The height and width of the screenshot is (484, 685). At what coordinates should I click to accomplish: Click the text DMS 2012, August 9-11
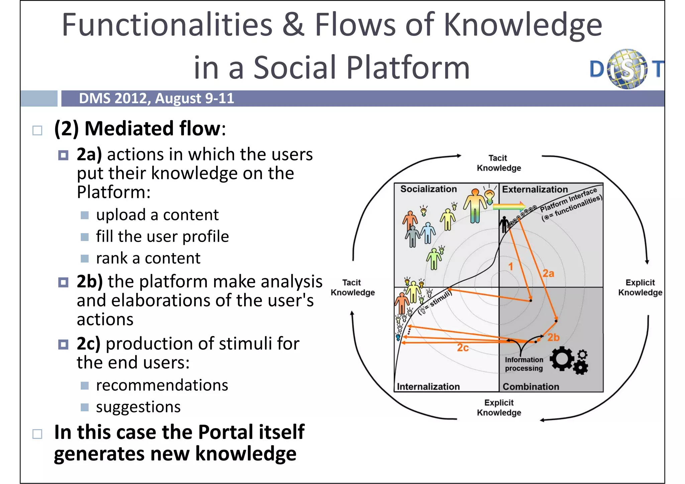click(156, 99)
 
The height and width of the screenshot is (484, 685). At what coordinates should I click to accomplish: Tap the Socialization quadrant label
click(428, 189)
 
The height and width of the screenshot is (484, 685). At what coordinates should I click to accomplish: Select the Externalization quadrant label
click(534, 190)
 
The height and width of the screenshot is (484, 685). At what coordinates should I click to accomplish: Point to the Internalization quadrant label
click(428, 387)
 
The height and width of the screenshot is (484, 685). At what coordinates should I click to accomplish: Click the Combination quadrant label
click(531, 387)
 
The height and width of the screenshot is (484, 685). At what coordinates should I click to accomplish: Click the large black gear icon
click(562, 358)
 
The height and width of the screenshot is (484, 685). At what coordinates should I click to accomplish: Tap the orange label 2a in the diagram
click(548, 274)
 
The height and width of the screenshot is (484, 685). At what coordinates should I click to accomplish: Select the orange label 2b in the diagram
click(553, 338)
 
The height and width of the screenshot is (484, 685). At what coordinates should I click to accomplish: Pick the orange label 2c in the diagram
click(463, 348)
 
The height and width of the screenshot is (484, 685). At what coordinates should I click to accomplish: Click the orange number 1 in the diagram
click(511, 266)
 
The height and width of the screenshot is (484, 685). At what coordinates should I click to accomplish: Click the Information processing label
click(524, 364)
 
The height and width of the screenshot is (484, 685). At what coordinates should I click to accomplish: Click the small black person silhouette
click(504, 224)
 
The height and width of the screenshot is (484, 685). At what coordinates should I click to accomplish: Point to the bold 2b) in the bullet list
click(89, 281)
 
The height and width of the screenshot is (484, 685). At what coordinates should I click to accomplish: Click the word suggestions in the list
click(138, 407)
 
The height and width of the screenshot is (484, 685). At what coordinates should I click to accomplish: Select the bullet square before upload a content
click(85, 215)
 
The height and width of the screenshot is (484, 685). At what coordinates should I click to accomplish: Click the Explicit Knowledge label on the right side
click(640, 287)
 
